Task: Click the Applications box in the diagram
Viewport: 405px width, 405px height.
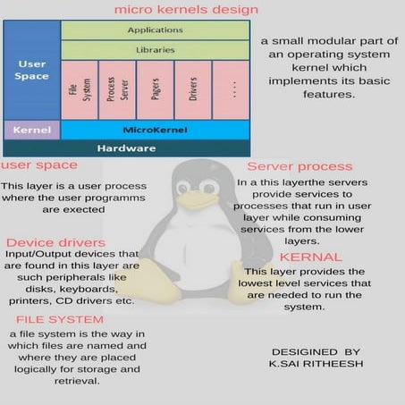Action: pos(154,30)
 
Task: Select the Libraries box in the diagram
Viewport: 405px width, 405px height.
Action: pos(154,50)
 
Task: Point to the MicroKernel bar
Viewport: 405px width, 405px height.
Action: pos(154,131)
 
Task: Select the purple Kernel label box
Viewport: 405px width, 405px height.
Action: pos(31,131)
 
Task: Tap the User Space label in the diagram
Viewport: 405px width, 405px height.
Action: pos(31,70)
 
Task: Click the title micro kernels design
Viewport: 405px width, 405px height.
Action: pos(186,10)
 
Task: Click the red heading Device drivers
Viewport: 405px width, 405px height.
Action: pos(55,242)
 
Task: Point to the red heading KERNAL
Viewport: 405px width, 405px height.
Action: pos(304,257)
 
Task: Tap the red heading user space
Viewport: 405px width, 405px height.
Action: pos(38,165)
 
